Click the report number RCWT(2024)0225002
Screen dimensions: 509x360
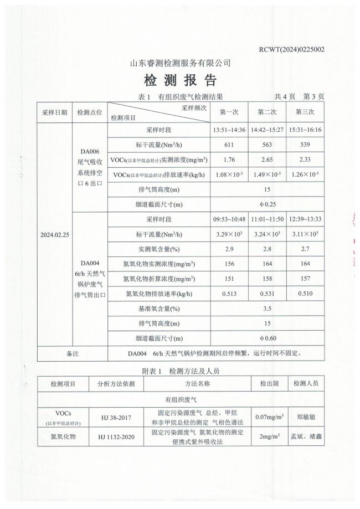click(x=291, y=49)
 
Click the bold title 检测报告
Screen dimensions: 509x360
click(x=180, y=81)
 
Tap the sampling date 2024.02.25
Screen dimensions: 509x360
click(x=54, y=235)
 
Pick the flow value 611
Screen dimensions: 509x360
click(x=229, y=145)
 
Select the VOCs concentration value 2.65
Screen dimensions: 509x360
click(x=267, y=160)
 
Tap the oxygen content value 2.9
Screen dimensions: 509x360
click(x=229, y=250)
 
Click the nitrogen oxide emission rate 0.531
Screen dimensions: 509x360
click(x=267, y=294)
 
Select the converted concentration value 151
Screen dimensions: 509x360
click(x=229, y=279)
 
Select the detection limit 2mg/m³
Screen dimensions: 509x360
click(x=268, y=437)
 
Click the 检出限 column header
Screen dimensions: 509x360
click(x=268, y=383)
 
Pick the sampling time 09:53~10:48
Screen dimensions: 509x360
click(x=229, y=219)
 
